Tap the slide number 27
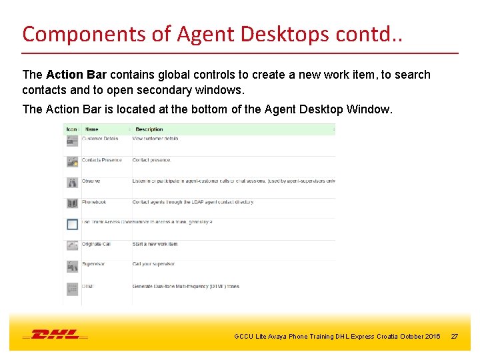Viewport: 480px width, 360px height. point(455,337)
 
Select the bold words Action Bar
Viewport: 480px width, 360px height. point(73,75)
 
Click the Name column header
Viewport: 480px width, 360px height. point(92,129)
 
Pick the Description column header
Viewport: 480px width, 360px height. point(149,129)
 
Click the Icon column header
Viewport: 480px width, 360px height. point(71,129)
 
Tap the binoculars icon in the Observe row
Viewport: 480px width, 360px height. point(72,182)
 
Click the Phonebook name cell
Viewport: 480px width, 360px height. point(94,202)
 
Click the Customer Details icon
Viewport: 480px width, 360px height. point(72,140)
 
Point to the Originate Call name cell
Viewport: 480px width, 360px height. point(97,244)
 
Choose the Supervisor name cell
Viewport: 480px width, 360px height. point(94,265)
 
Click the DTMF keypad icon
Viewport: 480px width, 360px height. point(72,288)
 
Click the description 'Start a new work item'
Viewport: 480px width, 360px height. point(155,244)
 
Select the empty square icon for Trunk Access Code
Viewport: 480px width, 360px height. point(72,224)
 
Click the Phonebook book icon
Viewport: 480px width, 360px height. point(72,203)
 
